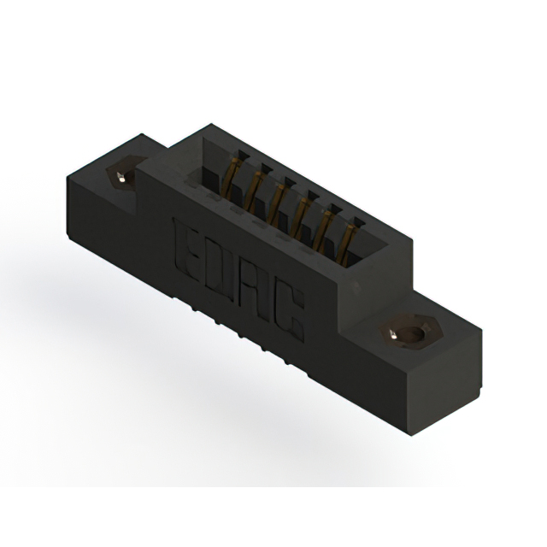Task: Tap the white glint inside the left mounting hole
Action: (121, 178)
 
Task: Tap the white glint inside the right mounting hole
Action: (394, 336)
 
